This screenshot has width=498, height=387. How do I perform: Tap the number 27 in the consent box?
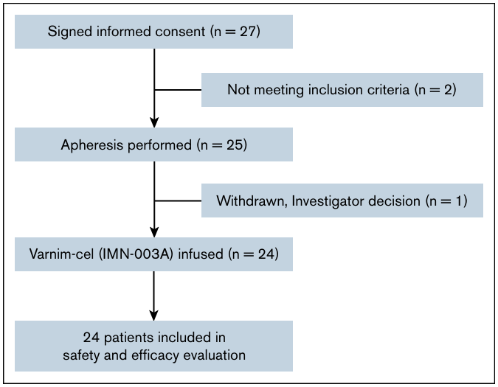(x=247, y=32)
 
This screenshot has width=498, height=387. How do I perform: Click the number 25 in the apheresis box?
(x=234, y=144)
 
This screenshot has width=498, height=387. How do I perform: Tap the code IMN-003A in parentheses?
(x=136, y=254)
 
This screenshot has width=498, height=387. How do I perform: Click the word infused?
(x=201, y=254)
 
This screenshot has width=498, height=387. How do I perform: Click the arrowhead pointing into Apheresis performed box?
(x=154, y=122)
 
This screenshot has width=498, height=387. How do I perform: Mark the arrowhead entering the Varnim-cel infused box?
(x=154, y=232)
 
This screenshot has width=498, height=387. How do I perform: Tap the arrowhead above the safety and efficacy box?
(x=154, y=315)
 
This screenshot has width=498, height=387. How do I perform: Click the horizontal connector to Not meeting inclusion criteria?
(x=178, y=90)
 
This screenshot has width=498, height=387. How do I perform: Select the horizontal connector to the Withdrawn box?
(x=178, y=201)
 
